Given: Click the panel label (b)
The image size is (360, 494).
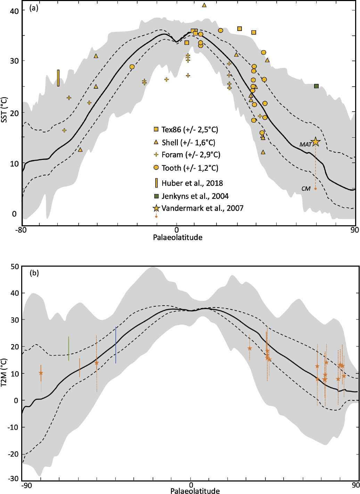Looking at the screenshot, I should pyautogui.click(x=34, y=273).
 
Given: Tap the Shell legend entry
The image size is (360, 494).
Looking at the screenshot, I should pyautogui.click(x=185, y=143).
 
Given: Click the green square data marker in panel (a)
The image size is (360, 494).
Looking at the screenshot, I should pyautogui.click(x=316, y=86).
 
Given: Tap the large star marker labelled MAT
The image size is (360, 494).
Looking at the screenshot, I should pyautogui.click(x=316, y=141).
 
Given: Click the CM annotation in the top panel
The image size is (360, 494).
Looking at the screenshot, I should pyautogui.click(x=306, y=189).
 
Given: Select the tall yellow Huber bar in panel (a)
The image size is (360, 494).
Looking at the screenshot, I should pyautogui.click(x=58, y=78).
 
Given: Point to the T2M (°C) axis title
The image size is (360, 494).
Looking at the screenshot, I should pyautogui.click(x=5, y=373).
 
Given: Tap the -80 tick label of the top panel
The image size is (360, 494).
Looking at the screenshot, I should pyautogui.click(x=22, y=230).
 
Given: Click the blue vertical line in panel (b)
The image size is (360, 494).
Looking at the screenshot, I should pyautogui.click(x=116, y=345).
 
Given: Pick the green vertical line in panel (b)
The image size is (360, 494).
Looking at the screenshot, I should pyautogui.click(x=69, y=348).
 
